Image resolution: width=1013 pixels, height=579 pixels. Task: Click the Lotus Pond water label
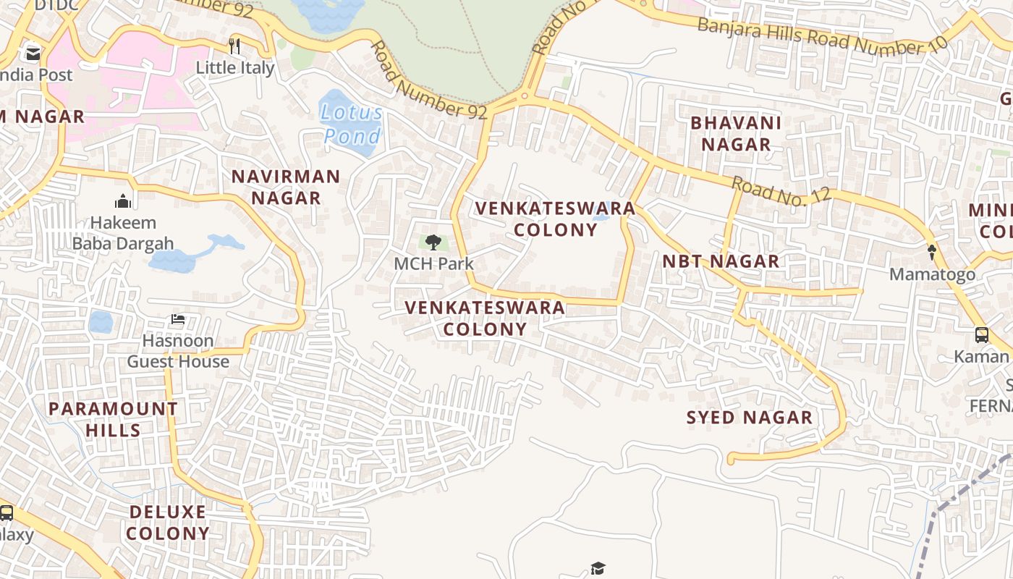352,124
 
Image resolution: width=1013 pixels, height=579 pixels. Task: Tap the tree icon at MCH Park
433,242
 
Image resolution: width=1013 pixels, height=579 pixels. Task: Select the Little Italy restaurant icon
234,46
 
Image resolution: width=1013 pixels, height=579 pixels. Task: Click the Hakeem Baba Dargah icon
123,200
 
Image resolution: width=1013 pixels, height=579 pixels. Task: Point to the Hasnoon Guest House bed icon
178,318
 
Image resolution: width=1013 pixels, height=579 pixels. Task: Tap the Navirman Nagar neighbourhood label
286,187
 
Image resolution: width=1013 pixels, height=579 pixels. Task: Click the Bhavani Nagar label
736,133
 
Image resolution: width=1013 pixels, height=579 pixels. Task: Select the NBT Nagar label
721,261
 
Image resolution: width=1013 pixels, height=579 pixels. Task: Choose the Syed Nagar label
750,418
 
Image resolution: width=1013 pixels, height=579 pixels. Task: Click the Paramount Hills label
114,419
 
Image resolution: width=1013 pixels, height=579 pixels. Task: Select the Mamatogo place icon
932,253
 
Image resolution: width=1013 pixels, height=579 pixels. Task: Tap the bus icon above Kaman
982,335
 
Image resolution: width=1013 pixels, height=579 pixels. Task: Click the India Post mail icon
33,54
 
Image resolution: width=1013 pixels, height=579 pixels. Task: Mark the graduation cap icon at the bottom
598,568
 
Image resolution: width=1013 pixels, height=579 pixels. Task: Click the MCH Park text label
433,263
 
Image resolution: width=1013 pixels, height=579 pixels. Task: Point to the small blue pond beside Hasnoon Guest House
101,322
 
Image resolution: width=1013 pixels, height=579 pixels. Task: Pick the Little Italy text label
236,68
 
